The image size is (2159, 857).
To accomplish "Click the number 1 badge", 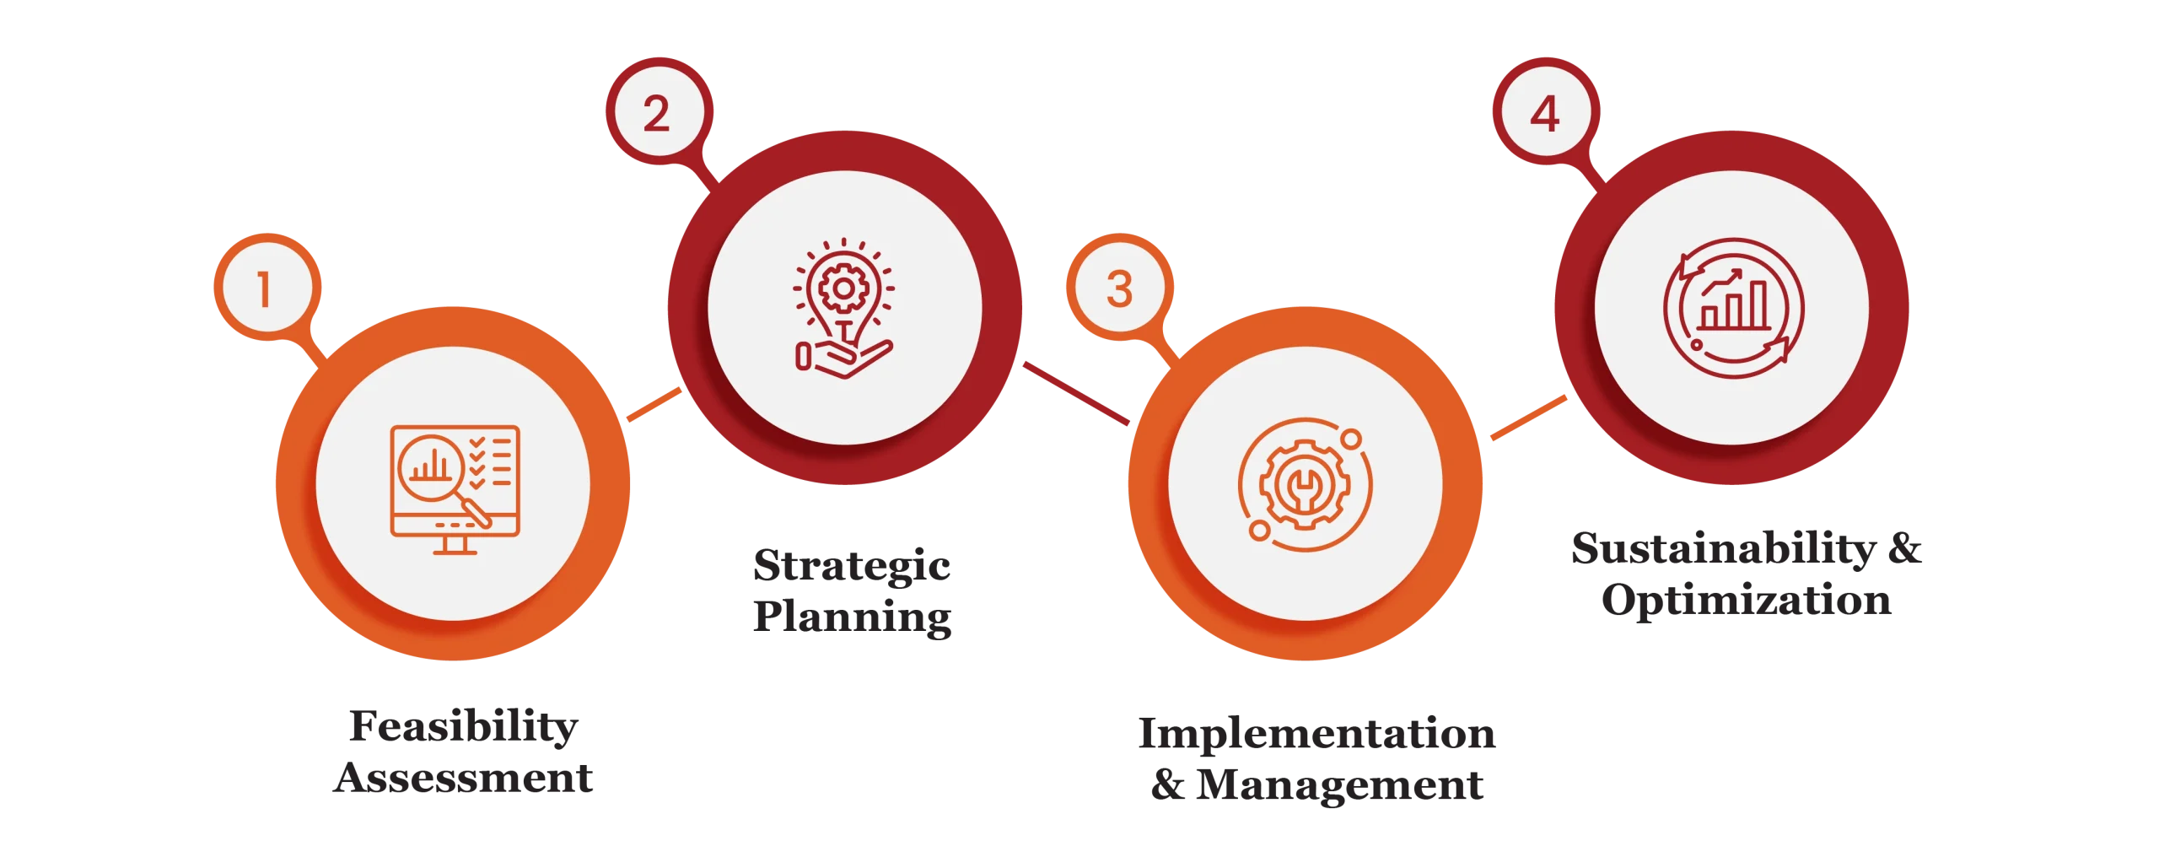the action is tap(267, 288).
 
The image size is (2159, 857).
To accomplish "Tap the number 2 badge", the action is tap(659, 111).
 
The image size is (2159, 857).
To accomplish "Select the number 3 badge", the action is tap(1119, 288).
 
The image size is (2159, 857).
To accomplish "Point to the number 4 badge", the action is tap(1546, 111).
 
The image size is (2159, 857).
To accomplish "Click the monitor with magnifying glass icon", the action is tap(455, 489).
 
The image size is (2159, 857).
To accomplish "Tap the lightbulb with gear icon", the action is tap(843, 308).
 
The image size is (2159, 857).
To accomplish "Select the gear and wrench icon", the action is tap(1305, 485).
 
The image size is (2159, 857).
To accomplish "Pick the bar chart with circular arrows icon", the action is tap(1733, 308).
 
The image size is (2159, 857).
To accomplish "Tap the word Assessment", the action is tap(463, 778).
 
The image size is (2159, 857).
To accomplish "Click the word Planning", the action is tap(853, 617).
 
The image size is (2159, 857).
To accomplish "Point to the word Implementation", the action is tap(1317, 734).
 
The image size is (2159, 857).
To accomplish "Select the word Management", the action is tap(1340, 784).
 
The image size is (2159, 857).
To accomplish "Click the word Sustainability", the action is tap(1724, 549).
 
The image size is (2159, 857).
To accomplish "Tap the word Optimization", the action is tap(1747, 601).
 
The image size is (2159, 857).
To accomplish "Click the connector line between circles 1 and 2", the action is tap(654, 405).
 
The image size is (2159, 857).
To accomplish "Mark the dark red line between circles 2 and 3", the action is tap(1076, 394).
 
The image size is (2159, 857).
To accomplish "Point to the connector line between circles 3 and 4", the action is tap(1529, 418).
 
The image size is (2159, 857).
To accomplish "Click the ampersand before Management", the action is tap(1168, 784).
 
